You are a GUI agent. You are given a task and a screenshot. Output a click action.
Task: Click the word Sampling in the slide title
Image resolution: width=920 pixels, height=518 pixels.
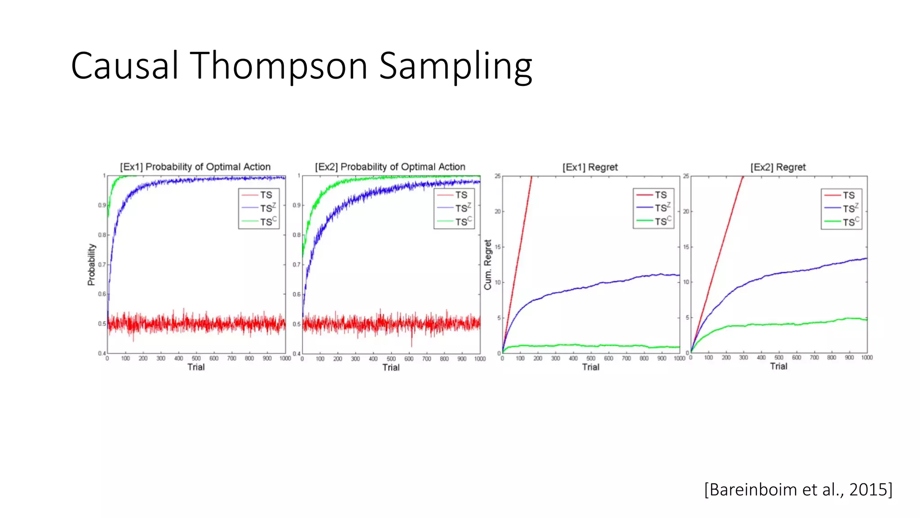pos(455,66)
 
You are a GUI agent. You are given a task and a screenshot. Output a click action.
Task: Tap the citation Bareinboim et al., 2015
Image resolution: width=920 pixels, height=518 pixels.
pos(798,489)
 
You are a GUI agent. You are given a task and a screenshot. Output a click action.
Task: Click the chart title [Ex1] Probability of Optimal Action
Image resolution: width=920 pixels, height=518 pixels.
pos(195,167)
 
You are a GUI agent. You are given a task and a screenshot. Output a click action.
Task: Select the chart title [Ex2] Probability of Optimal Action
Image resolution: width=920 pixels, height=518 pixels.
pos(390,167)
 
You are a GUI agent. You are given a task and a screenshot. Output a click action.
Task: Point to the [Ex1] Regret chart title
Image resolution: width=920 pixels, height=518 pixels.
pos(590,167)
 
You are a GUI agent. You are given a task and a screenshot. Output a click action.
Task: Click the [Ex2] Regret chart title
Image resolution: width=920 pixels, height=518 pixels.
pos(778,167)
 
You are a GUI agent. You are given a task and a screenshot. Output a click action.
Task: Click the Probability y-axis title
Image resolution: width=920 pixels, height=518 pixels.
pos(92,265)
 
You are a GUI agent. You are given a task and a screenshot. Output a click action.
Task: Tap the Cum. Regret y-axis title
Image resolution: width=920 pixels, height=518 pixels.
pos(488,265)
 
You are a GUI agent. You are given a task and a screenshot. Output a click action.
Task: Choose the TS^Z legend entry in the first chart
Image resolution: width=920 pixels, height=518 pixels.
pos(268,208)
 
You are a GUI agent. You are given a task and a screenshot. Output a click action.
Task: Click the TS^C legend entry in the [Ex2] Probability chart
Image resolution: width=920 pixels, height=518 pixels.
pos(463,221)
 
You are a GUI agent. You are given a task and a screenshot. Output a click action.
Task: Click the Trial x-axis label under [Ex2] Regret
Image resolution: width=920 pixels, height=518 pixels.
pos(778,366)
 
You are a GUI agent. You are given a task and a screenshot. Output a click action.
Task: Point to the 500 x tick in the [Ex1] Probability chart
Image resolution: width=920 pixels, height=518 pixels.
pos(196,358)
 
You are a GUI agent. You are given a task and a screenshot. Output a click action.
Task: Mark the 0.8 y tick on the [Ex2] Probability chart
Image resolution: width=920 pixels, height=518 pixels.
pos(296,235)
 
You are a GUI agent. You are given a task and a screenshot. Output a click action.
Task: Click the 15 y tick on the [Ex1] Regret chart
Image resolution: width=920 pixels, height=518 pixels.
pos(497,247)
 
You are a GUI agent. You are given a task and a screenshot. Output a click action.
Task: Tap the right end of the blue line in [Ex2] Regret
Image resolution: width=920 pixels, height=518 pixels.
pos(867,258)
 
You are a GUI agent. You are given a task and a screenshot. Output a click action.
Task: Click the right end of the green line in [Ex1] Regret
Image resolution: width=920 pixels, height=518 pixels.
pos(679,347)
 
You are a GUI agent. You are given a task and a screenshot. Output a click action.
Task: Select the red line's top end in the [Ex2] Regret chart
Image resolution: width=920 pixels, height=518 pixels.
pos(743,177)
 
